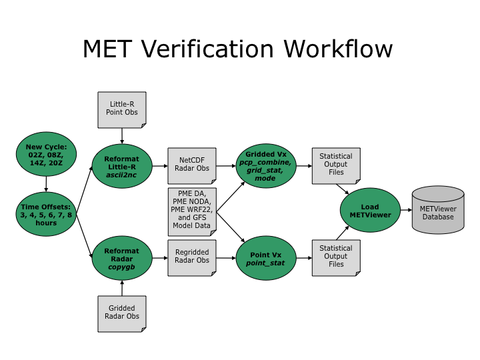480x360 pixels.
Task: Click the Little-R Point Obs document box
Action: click(x=121, y=109)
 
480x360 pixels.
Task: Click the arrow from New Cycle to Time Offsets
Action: click(x=46, y=183)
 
